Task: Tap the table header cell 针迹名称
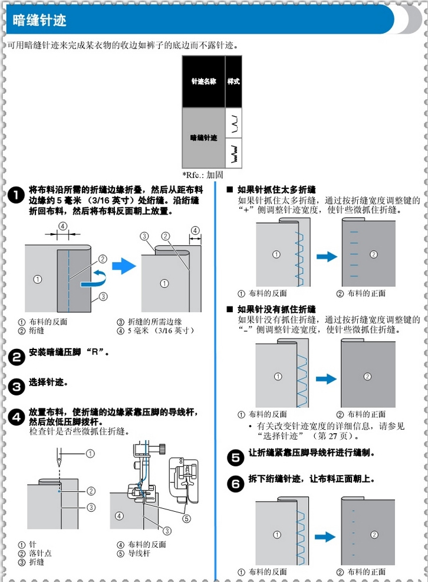[x=203, y=81]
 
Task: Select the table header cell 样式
[x=233, y=81]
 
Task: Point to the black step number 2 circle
[x=17, y=355]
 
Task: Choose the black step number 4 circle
[x=17, y=416]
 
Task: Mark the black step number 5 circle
[x=235, y=457]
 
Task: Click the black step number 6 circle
[x=235, y=484]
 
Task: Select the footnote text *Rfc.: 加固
[x=203, y=175]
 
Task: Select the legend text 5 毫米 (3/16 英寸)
[x=160, y=331]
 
